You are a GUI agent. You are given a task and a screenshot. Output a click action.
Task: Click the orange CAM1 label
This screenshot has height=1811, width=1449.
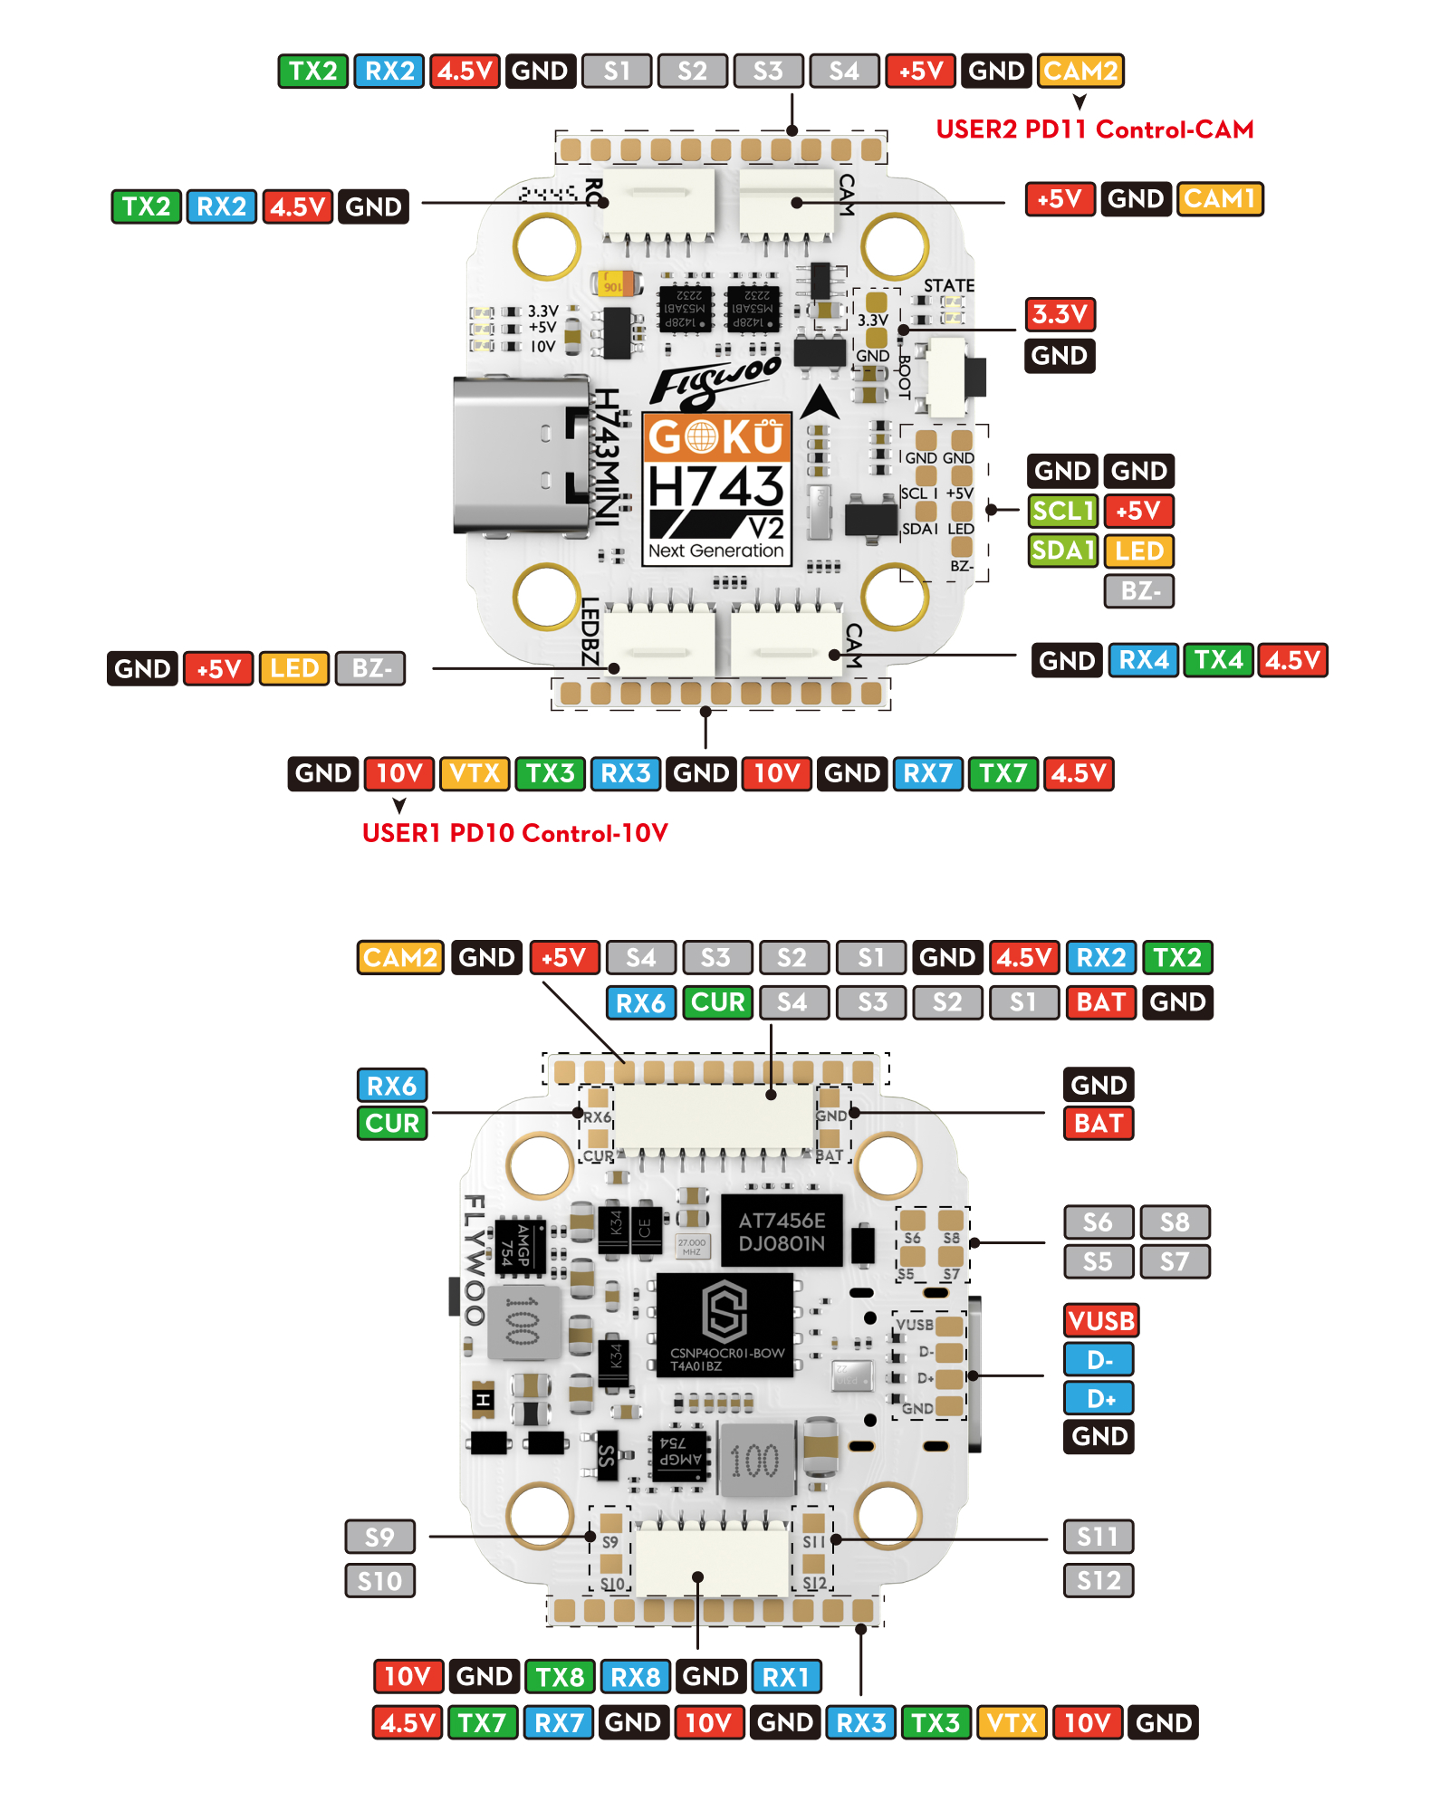coord(1219,198)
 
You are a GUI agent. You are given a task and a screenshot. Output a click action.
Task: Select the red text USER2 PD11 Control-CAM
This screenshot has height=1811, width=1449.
coord(1094,129)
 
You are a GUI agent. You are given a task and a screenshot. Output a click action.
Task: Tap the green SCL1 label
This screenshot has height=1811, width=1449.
coord(1063,511)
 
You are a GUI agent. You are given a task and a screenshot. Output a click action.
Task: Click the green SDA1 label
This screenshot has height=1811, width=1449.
coord(1063,550)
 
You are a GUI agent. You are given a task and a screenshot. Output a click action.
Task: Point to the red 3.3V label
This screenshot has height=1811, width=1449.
coord(1060,314)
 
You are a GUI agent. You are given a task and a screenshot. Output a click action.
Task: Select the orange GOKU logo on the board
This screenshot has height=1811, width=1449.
coord(716,437)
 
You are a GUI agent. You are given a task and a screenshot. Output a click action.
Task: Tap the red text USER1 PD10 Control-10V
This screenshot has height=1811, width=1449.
coord(514,833)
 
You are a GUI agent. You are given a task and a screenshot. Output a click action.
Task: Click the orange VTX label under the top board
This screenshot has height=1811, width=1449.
coord(475,773)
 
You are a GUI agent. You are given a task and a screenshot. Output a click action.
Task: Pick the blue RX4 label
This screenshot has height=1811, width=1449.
coord(1143,660)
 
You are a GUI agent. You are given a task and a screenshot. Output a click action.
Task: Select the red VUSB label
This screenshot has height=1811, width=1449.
coord(1100,1321)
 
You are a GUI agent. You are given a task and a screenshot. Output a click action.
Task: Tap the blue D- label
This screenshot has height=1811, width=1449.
coord(1099,1360)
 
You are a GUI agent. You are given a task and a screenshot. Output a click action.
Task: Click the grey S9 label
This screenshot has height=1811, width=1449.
coord(379,1537)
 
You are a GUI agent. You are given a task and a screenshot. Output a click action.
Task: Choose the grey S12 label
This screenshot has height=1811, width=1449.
coord(1098,1581)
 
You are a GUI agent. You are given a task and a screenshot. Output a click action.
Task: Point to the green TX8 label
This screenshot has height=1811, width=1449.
coord(560,1677)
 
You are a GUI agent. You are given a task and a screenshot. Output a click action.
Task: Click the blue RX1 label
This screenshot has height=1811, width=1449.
coord(785,1677)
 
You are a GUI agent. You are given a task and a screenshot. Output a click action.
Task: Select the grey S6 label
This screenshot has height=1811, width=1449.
coord(1098,1222)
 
